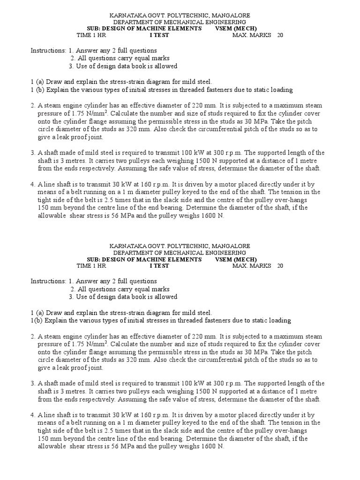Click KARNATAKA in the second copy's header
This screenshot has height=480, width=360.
(x=126, y=246)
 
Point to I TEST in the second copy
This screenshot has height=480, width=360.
(x=159, y=266)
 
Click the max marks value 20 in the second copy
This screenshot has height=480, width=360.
(x=280, y=266)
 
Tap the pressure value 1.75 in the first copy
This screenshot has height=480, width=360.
(x=79, y=113)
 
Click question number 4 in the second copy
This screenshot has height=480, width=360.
(x=33, y=415)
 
